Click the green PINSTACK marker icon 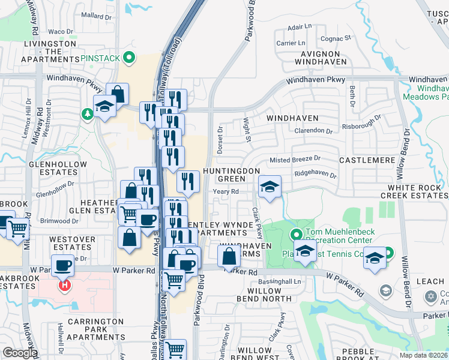click(x=127, y=58)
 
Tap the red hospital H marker click(x=64, y=285)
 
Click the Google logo click(x=20, y=352)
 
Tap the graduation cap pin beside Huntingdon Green click(x=270, y=187)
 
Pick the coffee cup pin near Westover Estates click(x=62, y=264)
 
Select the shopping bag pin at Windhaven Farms click(x=229, y=256)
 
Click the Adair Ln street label click(x=300, y=27)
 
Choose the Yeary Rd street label click(x=226, y=192)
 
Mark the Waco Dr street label click(x=60, y=32)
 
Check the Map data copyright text click(x=423, y=355)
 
